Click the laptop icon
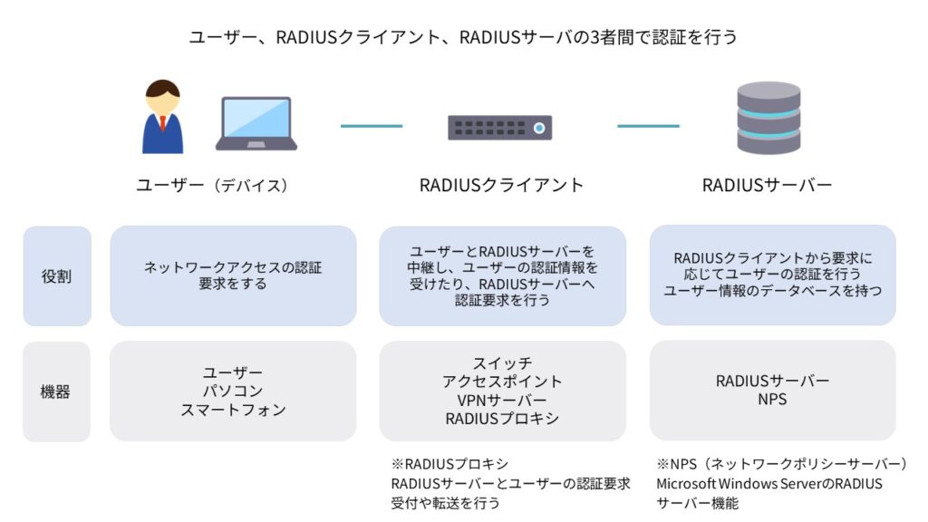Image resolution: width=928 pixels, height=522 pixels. [256, 124]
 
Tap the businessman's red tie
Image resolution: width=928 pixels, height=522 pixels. [162, 122]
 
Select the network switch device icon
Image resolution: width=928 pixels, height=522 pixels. [499, 127]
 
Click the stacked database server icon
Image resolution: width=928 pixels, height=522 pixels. [768, 118]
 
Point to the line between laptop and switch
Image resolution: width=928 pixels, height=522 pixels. [371, 126]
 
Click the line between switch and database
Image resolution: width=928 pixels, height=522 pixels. [648, 126]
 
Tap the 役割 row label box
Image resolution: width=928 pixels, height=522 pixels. [56, 276]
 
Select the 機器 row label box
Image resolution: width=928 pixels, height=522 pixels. [56, 391]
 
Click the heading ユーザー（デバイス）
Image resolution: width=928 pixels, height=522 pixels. [212, 186]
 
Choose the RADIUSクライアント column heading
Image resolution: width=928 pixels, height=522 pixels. [501, 186]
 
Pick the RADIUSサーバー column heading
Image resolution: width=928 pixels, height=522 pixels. [767, 186]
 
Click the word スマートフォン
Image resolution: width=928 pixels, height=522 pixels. [233, 410]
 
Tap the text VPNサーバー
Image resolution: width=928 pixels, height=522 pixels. [502, 401]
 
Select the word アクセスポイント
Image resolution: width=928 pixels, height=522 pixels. [502, 382]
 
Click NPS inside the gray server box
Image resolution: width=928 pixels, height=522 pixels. [772, 400]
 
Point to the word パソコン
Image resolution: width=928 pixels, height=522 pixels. [233, 391]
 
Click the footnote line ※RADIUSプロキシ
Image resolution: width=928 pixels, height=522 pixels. [449, 465]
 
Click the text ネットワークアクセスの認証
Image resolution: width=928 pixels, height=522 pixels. [233, 267]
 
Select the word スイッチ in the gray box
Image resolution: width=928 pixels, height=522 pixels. [502, 362]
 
